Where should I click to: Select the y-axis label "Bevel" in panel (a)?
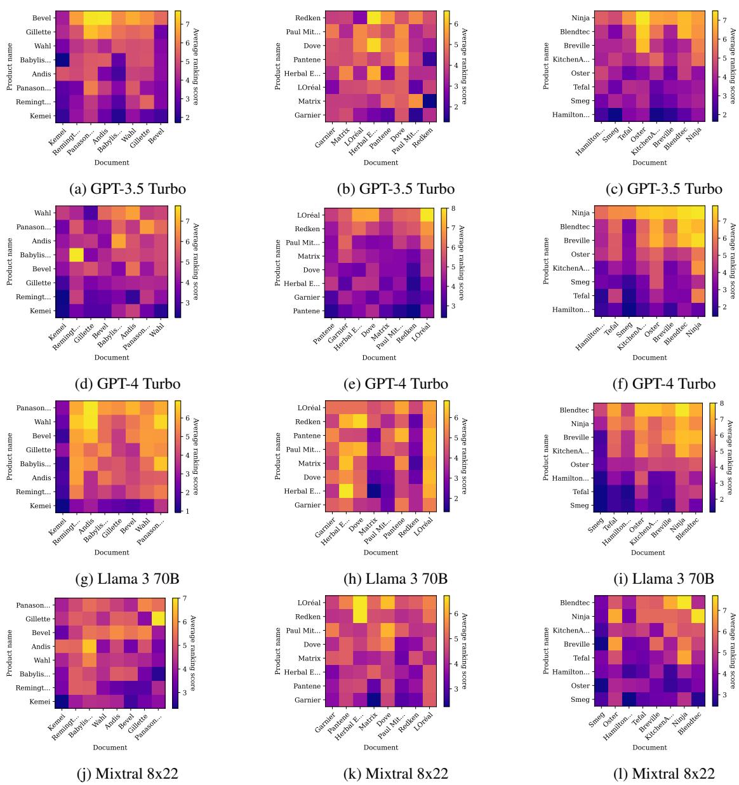point(43,18)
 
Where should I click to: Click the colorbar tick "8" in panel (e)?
point(456,208)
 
